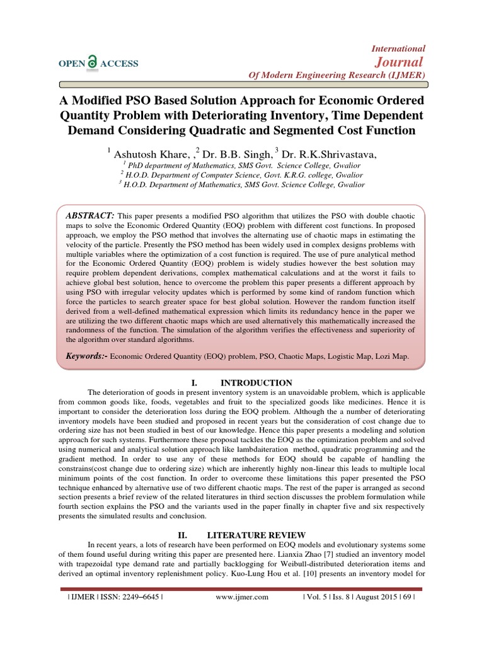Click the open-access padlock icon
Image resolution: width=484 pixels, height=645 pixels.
tap(93, 61)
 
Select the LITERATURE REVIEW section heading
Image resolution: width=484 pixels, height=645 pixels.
tap(268, 535)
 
